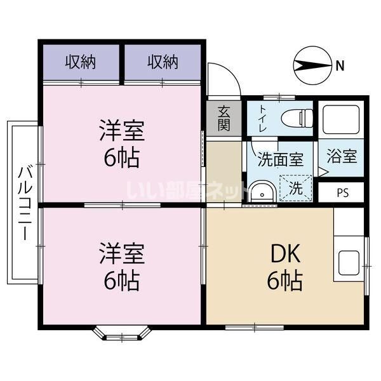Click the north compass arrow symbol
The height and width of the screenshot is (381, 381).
point(314,65)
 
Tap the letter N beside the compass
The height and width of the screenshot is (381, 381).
point(341,65)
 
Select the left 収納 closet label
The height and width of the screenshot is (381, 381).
point(81,62)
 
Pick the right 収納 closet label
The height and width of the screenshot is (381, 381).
point(163,62)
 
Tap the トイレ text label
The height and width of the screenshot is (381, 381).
point(263,119)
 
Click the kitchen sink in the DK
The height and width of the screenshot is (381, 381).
point(350,261)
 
